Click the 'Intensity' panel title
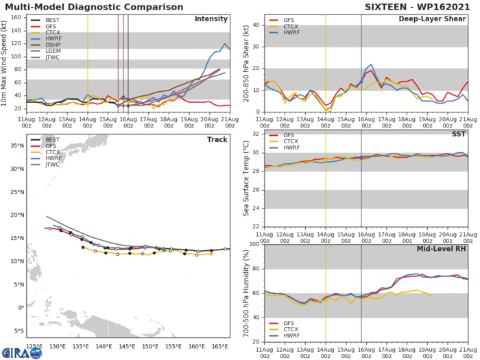[x=211, y=19]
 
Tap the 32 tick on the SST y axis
[x=256, y=134]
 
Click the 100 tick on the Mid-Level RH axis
[x=254, y=244]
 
